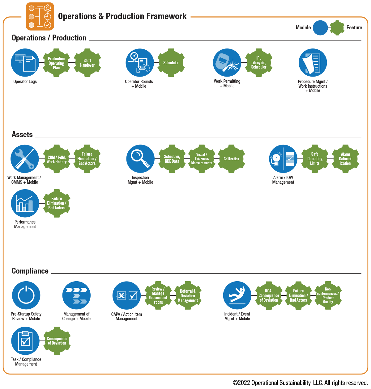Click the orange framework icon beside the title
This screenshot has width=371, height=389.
coord(40,16)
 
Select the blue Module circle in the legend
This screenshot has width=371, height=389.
coord(320,28)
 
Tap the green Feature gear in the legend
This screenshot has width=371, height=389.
coord(337,28)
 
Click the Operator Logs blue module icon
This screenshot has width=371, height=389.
coord(25,63)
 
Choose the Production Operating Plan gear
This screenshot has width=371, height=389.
coord(56,63)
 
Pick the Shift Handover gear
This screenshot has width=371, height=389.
coord(87,63)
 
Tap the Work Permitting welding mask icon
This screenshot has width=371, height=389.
coord(227,63)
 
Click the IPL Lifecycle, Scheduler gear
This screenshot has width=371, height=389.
coord(259,63)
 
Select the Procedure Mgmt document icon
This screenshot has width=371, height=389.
coord(313,63)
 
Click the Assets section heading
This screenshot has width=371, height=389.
coord(22,135)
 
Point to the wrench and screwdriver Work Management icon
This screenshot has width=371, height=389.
coord(25,159)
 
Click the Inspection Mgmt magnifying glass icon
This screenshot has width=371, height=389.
coord(140,159)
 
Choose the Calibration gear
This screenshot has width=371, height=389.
coord(231,159)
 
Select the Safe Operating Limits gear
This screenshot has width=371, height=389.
coord(315,159)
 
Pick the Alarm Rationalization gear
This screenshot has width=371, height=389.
coord(345,159)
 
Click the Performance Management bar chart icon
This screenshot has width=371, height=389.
coord(25,203)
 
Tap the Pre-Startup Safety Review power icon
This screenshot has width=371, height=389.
coord(26,295)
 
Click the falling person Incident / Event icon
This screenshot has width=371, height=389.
coord(237,295)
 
